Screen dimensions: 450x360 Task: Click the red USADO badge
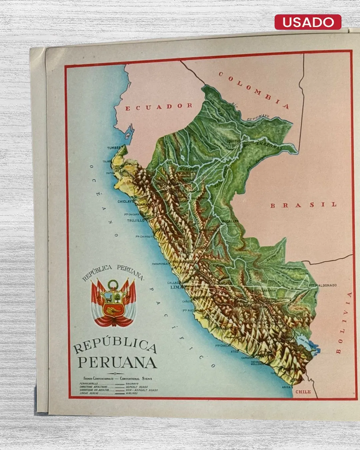pyautogui.click(x=308, y=22)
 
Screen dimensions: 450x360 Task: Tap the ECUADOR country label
pyautogui.click(x=159, y=107)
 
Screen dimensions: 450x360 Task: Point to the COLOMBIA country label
pyautogui.click(x=254, y=90)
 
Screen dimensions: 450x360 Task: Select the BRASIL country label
pyautogui.click(x=303, y=205)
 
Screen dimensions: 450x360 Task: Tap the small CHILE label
pyautogui.click(x=303, y=392)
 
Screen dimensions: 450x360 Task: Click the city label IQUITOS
pyautogui.click(x=233, y=141)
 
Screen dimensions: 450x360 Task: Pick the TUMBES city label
pyautogui.click(x=114, y=148)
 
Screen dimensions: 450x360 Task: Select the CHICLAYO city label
pyautogui.click(x=125, y=202)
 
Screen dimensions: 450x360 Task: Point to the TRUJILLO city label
pyautogui.click(x=136, y=221)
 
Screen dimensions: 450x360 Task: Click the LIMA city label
pyautogui.click(x=175, y=287)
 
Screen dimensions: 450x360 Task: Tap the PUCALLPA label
pyautogui.click(x=230, y=221)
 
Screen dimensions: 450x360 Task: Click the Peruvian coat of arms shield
pyautogui.click(x=114, y=303)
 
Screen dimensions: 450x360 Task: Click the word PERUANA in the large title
pyautogui.click(x=117, y=363)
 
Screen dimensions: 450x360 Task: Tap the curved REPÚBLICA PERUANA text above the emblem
pyautogui.click(x=113, y=272)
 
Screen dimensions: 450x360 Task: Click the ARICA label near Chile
pyautogui.click(x=286, y=387)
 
